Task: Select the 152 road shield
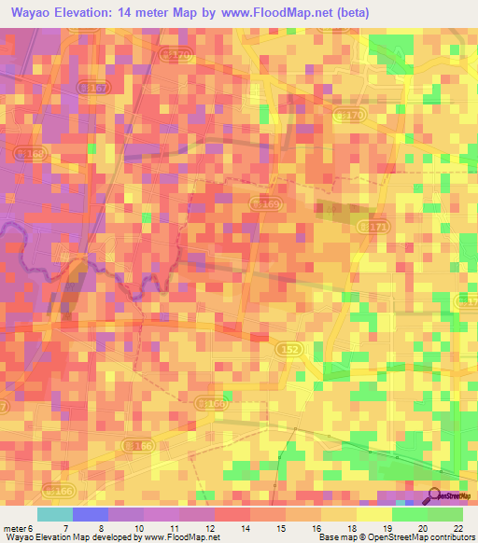tap(288, 347)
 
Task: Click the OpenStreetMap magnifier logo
tap(434, 497)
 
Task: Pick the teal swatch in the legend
tap(55, 514)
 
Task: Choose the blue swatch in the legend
tap(91, 514)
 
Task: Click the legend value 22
tap(457, 527)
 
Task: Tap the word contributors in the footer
tap(451, 537)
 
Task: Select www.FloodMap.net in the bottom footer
tap(183, 537)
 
